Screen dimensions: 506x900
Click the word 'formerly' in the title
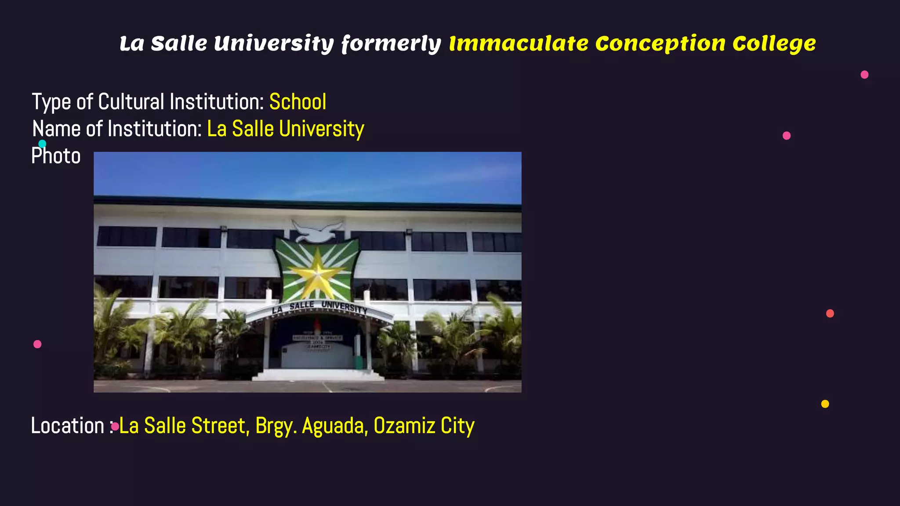pyautogui.click(x=391, y=44)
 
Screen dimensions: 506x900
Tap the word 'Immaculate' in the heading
pyautogui.click(x=519, y=43)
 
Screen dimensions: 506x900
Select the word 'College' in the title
pyautogui.click(x=774, y=44)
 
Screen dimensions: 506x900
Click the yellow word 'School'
pyautogui.click(x=298, y=102)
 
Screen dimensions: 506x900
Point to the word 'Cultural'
pyautogui.click(x=131, y=102)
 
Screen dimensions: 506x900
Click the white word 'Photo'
pyautogui.click(x=56, y=156)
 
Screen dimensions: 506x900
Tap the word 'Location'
pyautogui.click(x=67, y=426)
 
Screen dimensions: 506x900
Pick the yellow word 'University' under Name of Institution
pyautogui.click(x=322, y=129)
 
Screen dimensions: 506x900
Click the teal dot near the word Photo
pyautogui.click(x=42, y=144)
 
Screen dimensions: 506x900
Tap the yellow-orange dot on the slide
pyautogui.click(x=825, y=404)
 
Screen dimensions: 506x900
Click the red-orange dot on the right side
pyautogui.click(x=830, y=313)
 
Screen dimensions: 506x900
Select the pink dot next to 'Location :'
pyautogui.click(x=115, y=426)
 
